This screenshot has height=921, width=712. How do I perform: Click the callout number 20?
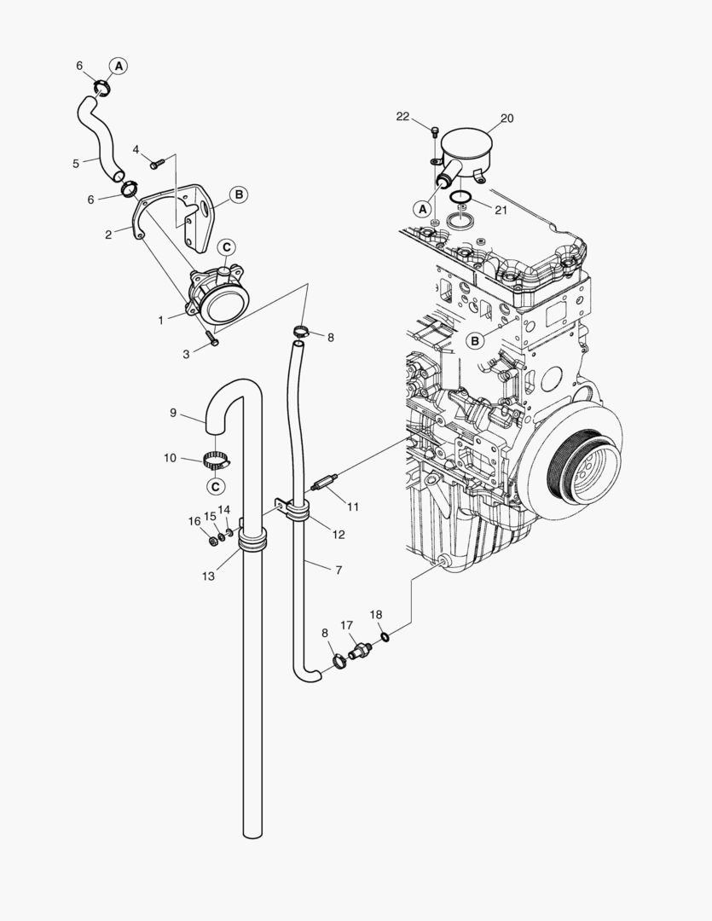pyautogui.click(x=507, y=119)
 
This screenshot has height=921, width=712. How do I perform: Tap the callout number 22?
pyautogui.click(x=403, y=117)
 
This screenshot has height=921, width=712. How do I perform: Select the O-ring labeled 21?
pyautogui.click(x=461, y=199)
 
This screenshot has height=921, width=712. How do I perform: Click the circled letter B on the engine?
pyautogui.click(x=476, y=340)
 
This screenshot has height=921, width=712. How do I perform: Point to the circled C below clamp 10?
pyautogui.click(x=216, y=486)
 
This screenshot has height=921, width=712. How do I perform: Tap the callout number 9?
pyautogui.click(x=173, y=413)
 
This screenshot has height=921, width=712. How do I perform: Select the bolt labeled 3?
pyautogui.click(x=213, y=340)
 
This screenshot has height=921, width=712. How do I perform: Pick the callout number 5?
pyautogui.click(x=75, y=163)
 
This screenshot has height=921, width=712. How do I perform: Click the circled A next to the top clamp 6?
pyautogui.click(x=119, y=65)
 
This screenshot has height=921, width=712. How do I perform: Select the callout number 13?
pyautogui.click(x=207, y=576)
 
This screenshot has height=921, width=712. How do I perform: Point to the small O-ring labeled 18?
pyautogui.click(x=386, y=635)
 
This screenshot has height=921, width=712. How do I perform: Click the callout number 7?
pyautogui.click(x=339, y=570)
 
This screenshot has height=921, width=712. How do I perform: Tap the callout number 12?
pyautogui.click(x=339, y=535)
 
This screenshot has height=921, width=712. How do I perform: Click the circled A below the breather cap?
pyautogui.click(x=421, y=207)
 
